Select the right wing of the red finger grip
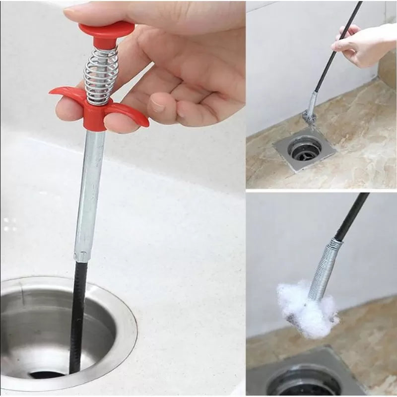click(x=132, y=112)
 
